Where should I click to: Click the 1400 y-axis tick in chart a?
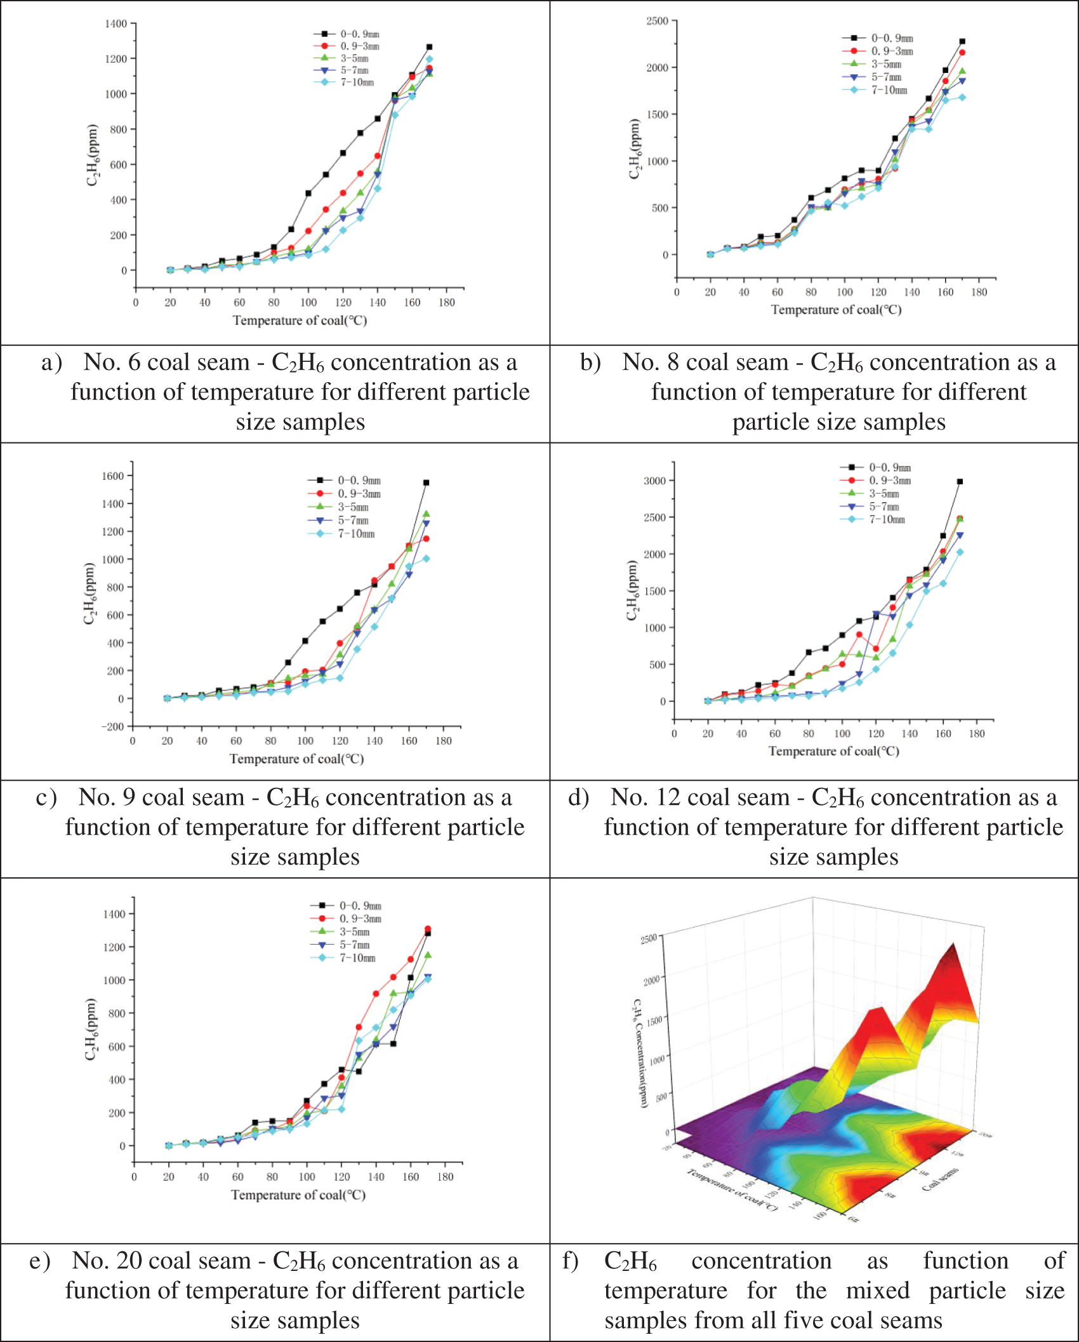(x=116, y=23)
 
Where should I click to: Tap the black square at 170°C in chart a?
(x=429, y=47)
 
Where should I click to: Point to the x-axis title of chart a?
(x=300, y=321)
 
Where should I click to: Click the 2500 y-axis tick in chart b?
(x=657, y=21)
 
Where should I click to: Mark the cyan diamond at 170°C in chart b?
(x=962, y=97)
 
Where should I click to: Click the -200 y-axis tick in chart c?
(x=113, y=726)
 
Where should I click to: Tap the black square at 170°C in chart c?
(x=426, y=482)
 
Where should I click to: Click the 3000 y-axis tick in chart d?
(x=654, y=481)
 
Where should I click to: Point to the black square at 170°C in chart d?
(x=960, y=482)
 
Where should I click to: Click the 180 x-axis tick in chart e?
(x=446, y=1176)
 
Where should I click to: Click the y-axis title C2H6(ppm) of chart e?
(x=91, y=1029)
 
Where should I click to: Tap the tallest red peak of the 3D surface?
(x=952, y=946)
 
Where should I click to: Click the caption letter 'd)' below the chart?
(x=578, y=797)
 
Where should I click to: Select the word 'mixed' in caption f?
(x=878, y=1291)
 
